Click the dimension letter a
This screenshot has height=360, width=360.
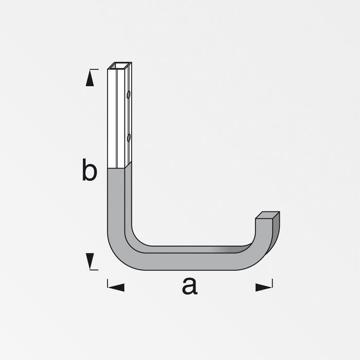190,286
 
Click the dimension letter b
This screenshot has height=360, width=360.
89,169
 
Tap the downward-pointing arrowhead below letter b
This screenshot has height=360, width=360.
90,261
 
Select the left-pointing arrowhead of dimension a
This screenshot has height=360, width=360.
116,287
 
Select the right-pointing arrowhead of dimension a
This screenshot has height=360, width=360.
264,287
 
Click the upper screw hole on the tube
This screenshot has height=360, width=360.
129,95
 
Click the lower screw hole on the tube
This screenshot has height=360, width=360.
129,137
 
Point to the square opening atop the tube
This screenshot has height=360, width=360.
120,66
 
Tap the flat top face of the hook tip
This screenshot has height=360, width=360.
267,215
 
